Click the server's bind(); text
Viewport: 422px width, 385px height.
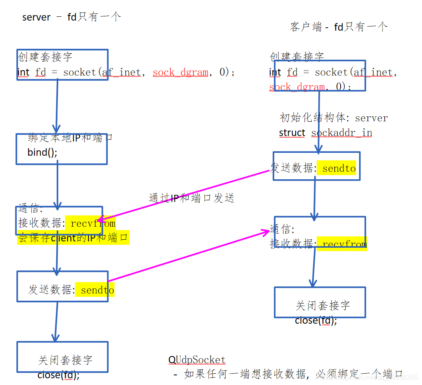pos(42,152)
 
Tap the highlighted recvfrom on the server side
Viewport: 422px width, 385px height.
pos(93,223)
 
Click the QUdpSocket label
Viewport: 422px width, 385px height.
pos(197,360)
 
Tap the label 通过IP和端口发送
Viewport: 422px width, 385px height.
pos(191,198)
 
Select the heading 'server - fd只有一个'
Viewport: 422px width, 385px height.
pos(71,17)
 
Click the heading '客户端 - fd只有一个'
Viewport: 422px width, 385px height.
pos(339,27)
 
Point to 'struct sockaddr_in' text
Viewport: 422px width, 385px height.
pos(326,133)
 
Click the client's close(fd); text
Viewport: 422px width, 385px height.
pos(316,320)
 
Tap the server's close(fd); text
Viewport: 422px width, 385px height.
pos(58,375)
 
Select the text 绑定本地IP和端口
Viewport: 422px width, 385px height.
pos(70,138)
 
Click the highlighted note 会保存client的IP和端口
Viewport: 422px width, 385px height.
pos(73,238)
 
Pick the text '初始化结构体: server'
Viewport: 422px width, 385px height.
pos(333,118)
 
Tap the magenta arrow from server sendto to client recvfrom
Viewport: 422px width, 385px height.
pos(189,256)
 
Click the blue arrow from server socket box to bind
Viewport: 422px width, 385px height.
pos(57,105)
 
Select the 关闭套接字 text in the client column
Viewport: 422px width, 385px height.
pos(323,305)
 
